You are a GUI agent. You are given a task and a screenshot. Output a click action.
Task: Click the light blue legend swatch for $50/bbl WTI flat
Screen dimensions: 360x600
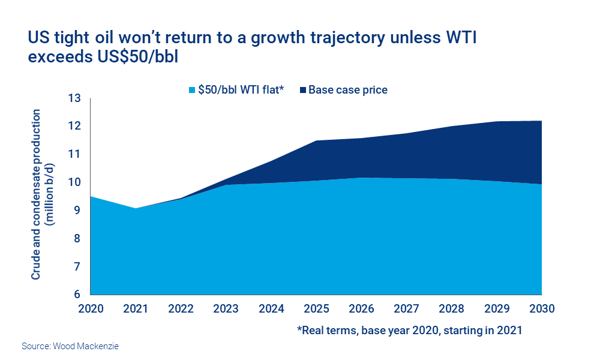coord(192,90)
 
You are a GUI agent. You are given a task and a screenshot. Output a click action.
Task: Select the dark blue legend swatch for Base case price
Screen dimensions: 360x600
coord(303,90)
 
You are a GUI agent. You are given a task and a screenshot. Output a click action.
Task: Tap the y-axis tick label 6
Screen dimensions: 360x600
coord(77,295)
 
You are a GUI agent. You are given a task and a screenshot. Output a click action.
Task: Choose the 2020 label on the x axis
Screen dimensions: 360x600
coord(90,310)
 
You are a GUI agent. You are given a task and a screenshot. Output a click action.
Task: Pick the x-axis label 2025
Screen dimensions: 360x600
coord(316,310)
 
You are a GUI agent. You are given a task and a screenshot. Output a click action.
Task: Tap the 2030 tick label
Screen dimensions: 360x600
coord(542,310)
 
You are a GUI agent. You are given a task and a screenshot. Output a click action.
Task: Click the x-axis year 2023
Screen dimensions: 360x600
coord(226,310)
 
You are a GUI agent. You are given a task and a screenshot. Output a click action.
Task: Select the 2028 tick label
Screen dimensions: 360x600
coord(452,310)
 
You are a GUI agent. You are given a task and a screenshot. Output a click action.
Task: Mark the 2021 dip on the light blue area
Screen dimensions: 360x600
coord(136,209)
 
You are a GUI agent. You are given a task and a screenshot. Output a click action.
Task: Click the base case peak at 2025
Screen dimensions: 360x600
coord(316,141)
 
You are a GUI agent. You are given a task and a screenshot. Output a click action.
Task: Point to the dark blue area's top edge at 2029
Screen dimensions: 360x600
coord(497,122)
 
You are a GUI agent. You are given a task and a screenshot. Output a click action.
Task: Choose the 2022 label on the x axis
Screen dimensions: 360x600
coord(181,310)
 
